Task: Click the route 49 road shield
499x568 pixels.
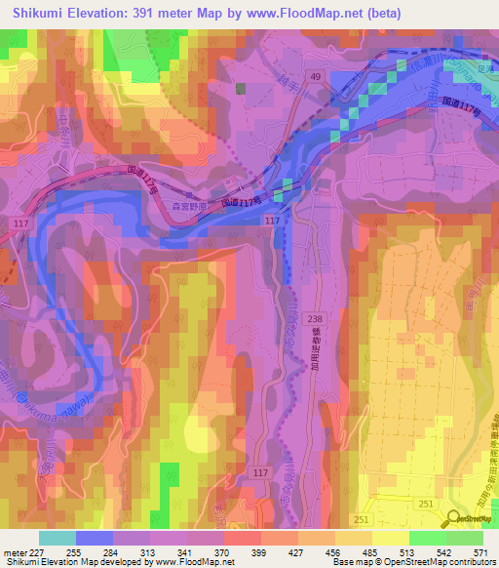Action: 315,76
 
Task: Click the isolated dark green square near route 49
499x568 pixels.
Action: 241,88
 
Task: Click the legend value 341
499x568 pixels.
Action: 183,551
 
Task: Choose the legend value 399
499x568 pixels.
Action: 260,551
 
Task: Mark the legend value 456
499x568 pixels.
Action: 334,551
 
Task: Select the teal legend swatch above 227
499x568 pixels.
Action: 58,538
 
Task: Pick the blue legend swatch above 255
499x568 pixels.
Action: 95,538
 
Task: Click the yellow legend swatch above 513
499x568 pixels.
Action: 390,538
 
